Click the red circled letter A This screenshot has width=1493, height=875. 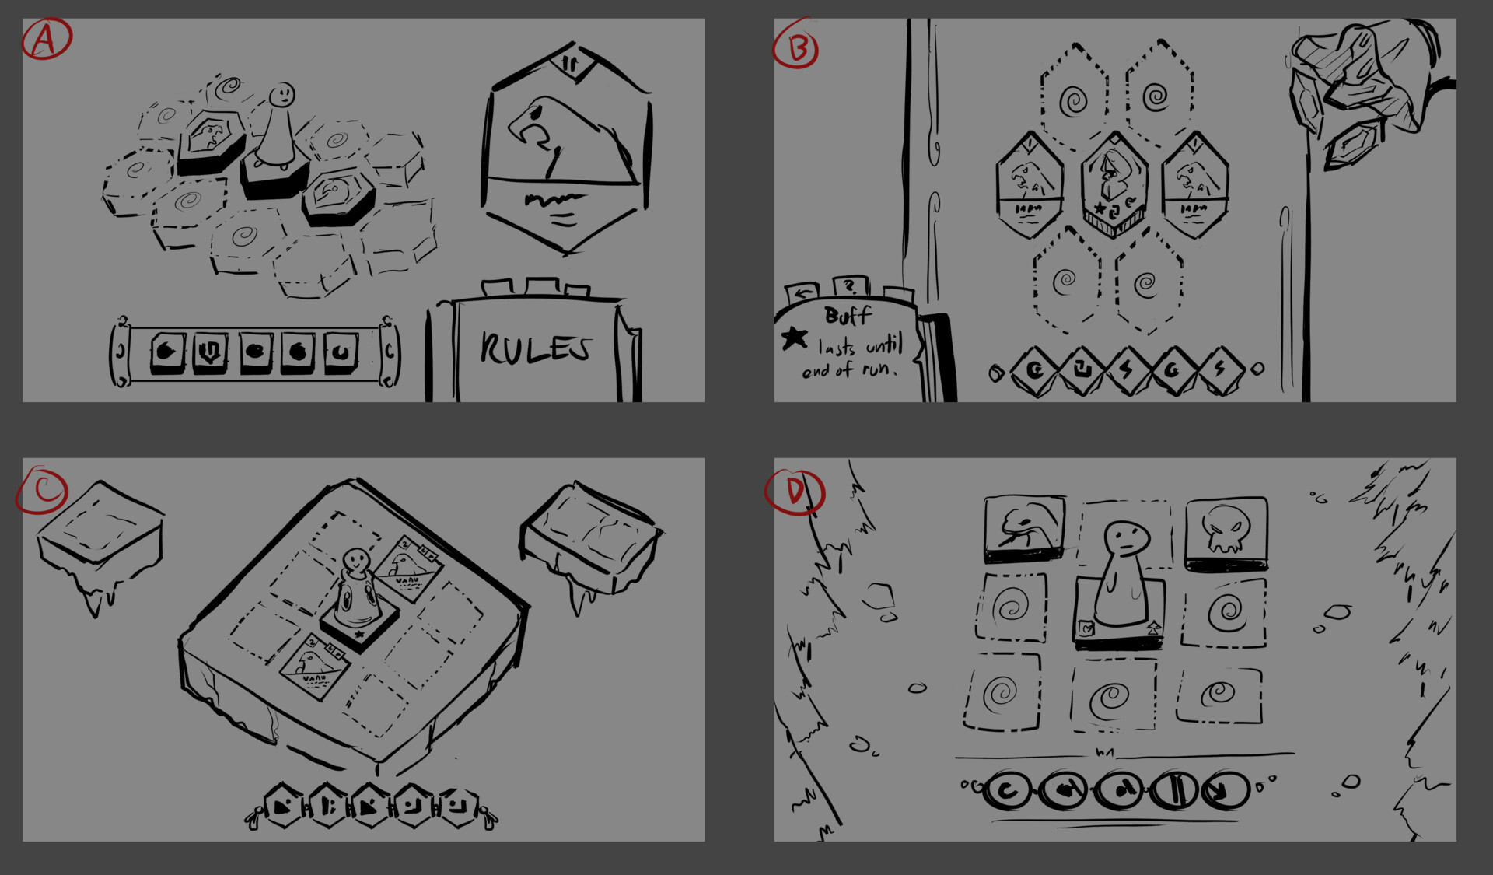(45, 39)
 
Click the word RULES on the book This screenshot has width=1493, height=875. (537, 348)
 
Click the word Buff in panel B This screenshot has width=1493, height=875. (848, 316)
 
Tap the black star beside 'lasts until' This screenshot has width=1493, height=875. (794, 338)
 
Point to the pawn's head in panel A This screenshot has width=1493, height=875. (282, 96)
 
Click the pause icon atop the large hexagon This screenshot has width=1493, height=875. (570, 65)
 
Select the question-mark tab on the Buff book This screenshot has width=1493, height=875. (851, 286)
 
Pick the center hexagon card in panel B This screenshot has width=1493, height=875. (1114, 184)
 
